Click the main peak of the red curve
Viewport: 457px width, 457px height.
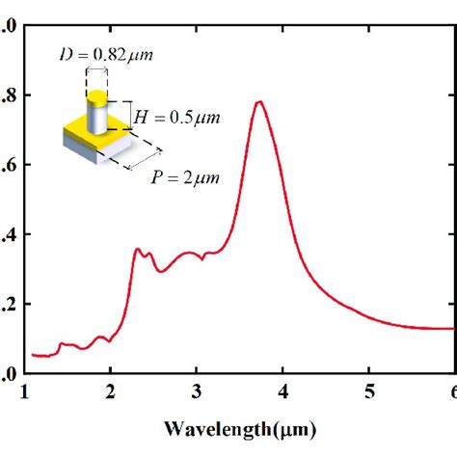click(258, 102)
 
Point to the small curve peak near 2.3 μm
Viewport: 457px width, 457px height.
click(137, 249)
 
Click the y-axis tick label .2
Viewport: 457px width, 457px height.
click(8, 304)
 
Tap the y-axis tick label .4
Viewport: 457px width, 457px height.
click(8, 234)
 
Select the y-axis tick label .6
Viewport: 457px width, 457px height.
click(8, 165)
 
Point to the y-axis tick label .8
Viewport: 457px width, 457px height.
click(8, 95)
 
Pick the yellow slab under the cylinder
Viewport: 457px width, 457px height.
click(83, 131)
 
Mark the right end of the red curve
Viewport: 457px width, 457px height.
click(451, 329)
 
